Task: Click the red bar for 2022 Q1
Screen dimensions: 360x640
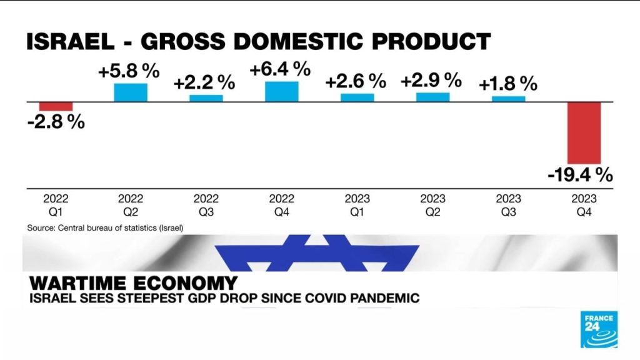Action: pos(56,106)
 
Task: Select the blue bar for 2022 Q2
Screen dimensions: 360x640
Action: pos(131,92)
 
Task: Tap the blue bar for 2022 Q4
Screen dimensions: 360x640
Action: pos(282,91)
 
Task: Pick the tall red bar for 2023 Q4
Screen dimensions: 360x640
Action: pos(584,132)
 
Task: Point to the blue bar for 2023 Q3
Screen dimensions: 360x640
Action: pos(508,98)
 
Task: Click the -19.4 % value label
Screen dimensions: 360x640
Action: pos(580,176)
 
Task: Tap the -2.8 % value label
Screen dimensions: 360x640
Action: pos(56,122)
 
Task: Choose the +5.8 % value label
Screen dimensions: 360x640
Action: pos(129,71)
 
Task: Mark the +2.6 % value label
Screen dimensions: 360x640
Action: pos(356,81)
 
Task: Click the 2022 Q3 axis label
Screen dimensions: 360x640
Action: pos(206,206)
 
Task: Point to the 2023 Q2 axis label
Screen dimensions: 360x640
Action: pos(432,206)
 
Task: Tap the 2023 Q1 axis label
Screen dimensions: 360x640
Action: pos(357,206)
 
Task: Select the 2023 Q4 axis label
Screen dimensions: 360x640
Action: pos(584,206)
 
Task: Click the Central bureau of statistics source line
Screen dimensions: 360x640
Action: pos(105,228)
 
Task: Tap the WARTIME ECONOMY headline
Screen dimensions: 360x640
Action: pos(132,282)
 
